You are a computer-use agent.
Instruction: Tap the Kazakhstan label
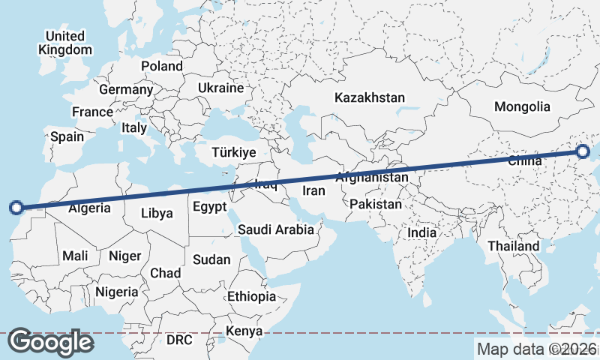point(370,97)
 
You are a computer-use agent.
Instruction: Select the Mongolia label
point(522,106)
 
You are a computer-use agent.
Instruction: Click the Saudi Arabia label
point(276,229)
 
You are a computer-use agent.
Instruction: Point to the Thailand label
point(513,246)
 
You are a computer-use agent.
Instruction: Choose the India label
point(422,233)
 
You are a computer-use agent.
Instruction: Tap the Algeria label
point(94,208)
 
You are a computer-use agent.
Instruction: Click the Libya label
point(157,213)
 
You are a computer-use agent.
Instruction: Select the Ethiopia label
point(252,296)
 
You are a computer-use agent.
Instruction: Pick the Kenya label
point(244,331)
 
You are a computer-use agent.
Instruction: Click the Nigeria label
point(117,291)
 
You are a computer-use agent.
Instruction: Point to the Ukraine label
point(221,88)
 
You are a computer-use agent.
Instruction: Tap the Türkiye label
point(234,152)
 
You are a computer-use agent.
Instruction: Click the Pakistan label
point(376,203)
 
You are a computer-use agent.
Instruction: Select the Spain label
point(67,137)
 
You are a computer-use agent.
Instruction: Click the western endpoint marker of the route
point(16,208)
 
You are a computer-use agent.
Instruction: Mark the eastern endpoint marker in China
point(583,152)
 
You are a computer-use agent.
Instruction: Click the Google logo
point(50,342)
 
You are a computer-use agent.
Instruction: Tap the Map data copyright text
point(537,349)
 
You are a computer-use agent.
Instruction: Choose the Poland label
point(162,66)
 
